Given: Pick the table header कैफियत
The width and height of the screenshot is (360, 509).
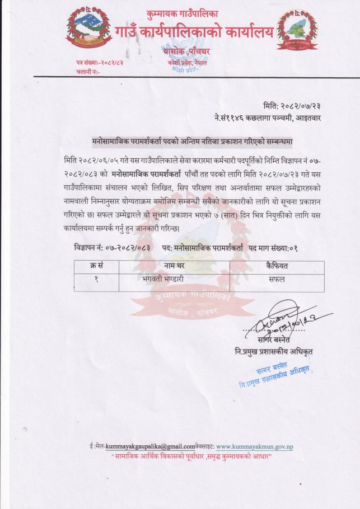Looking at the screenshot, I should (277, 266).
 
